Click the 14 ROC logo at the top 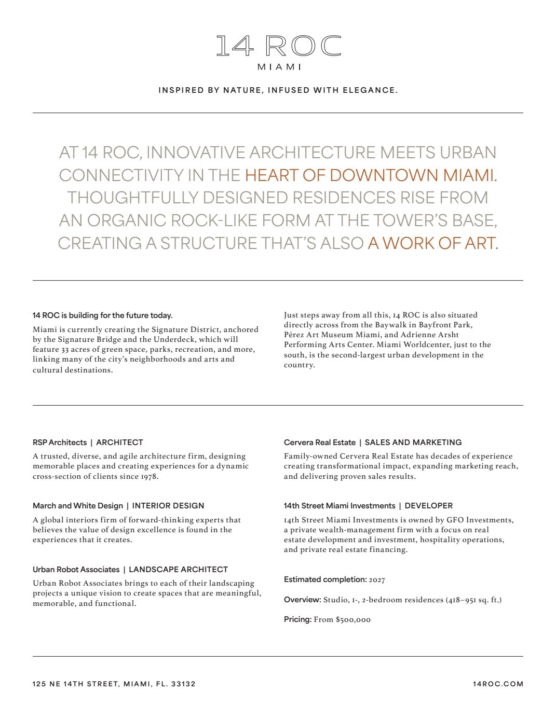click(278, 46)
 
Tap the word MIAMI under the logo click(279, 67)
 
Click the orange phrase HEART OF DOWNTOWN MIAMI click(371, 175)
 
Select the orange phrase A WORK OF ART click(433, 243)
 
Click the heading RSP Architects click(60, 443)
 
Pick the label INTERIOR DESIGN click(168, 506)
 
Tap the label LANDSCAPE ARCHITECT click(178, 570)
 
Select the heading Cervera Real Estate click(320, 443)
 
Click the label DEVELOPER click(429, 506)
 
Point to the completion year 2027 click(377, 580)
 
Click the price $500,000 click(353, 620)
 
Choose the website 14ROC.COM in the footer click(498, 684)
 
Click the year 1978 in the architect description click(148, 477)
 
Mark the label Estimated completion click(325, 579)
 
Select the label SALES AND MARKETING click(413, 443)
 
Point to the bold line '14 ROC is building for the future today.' click(102, 315)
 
